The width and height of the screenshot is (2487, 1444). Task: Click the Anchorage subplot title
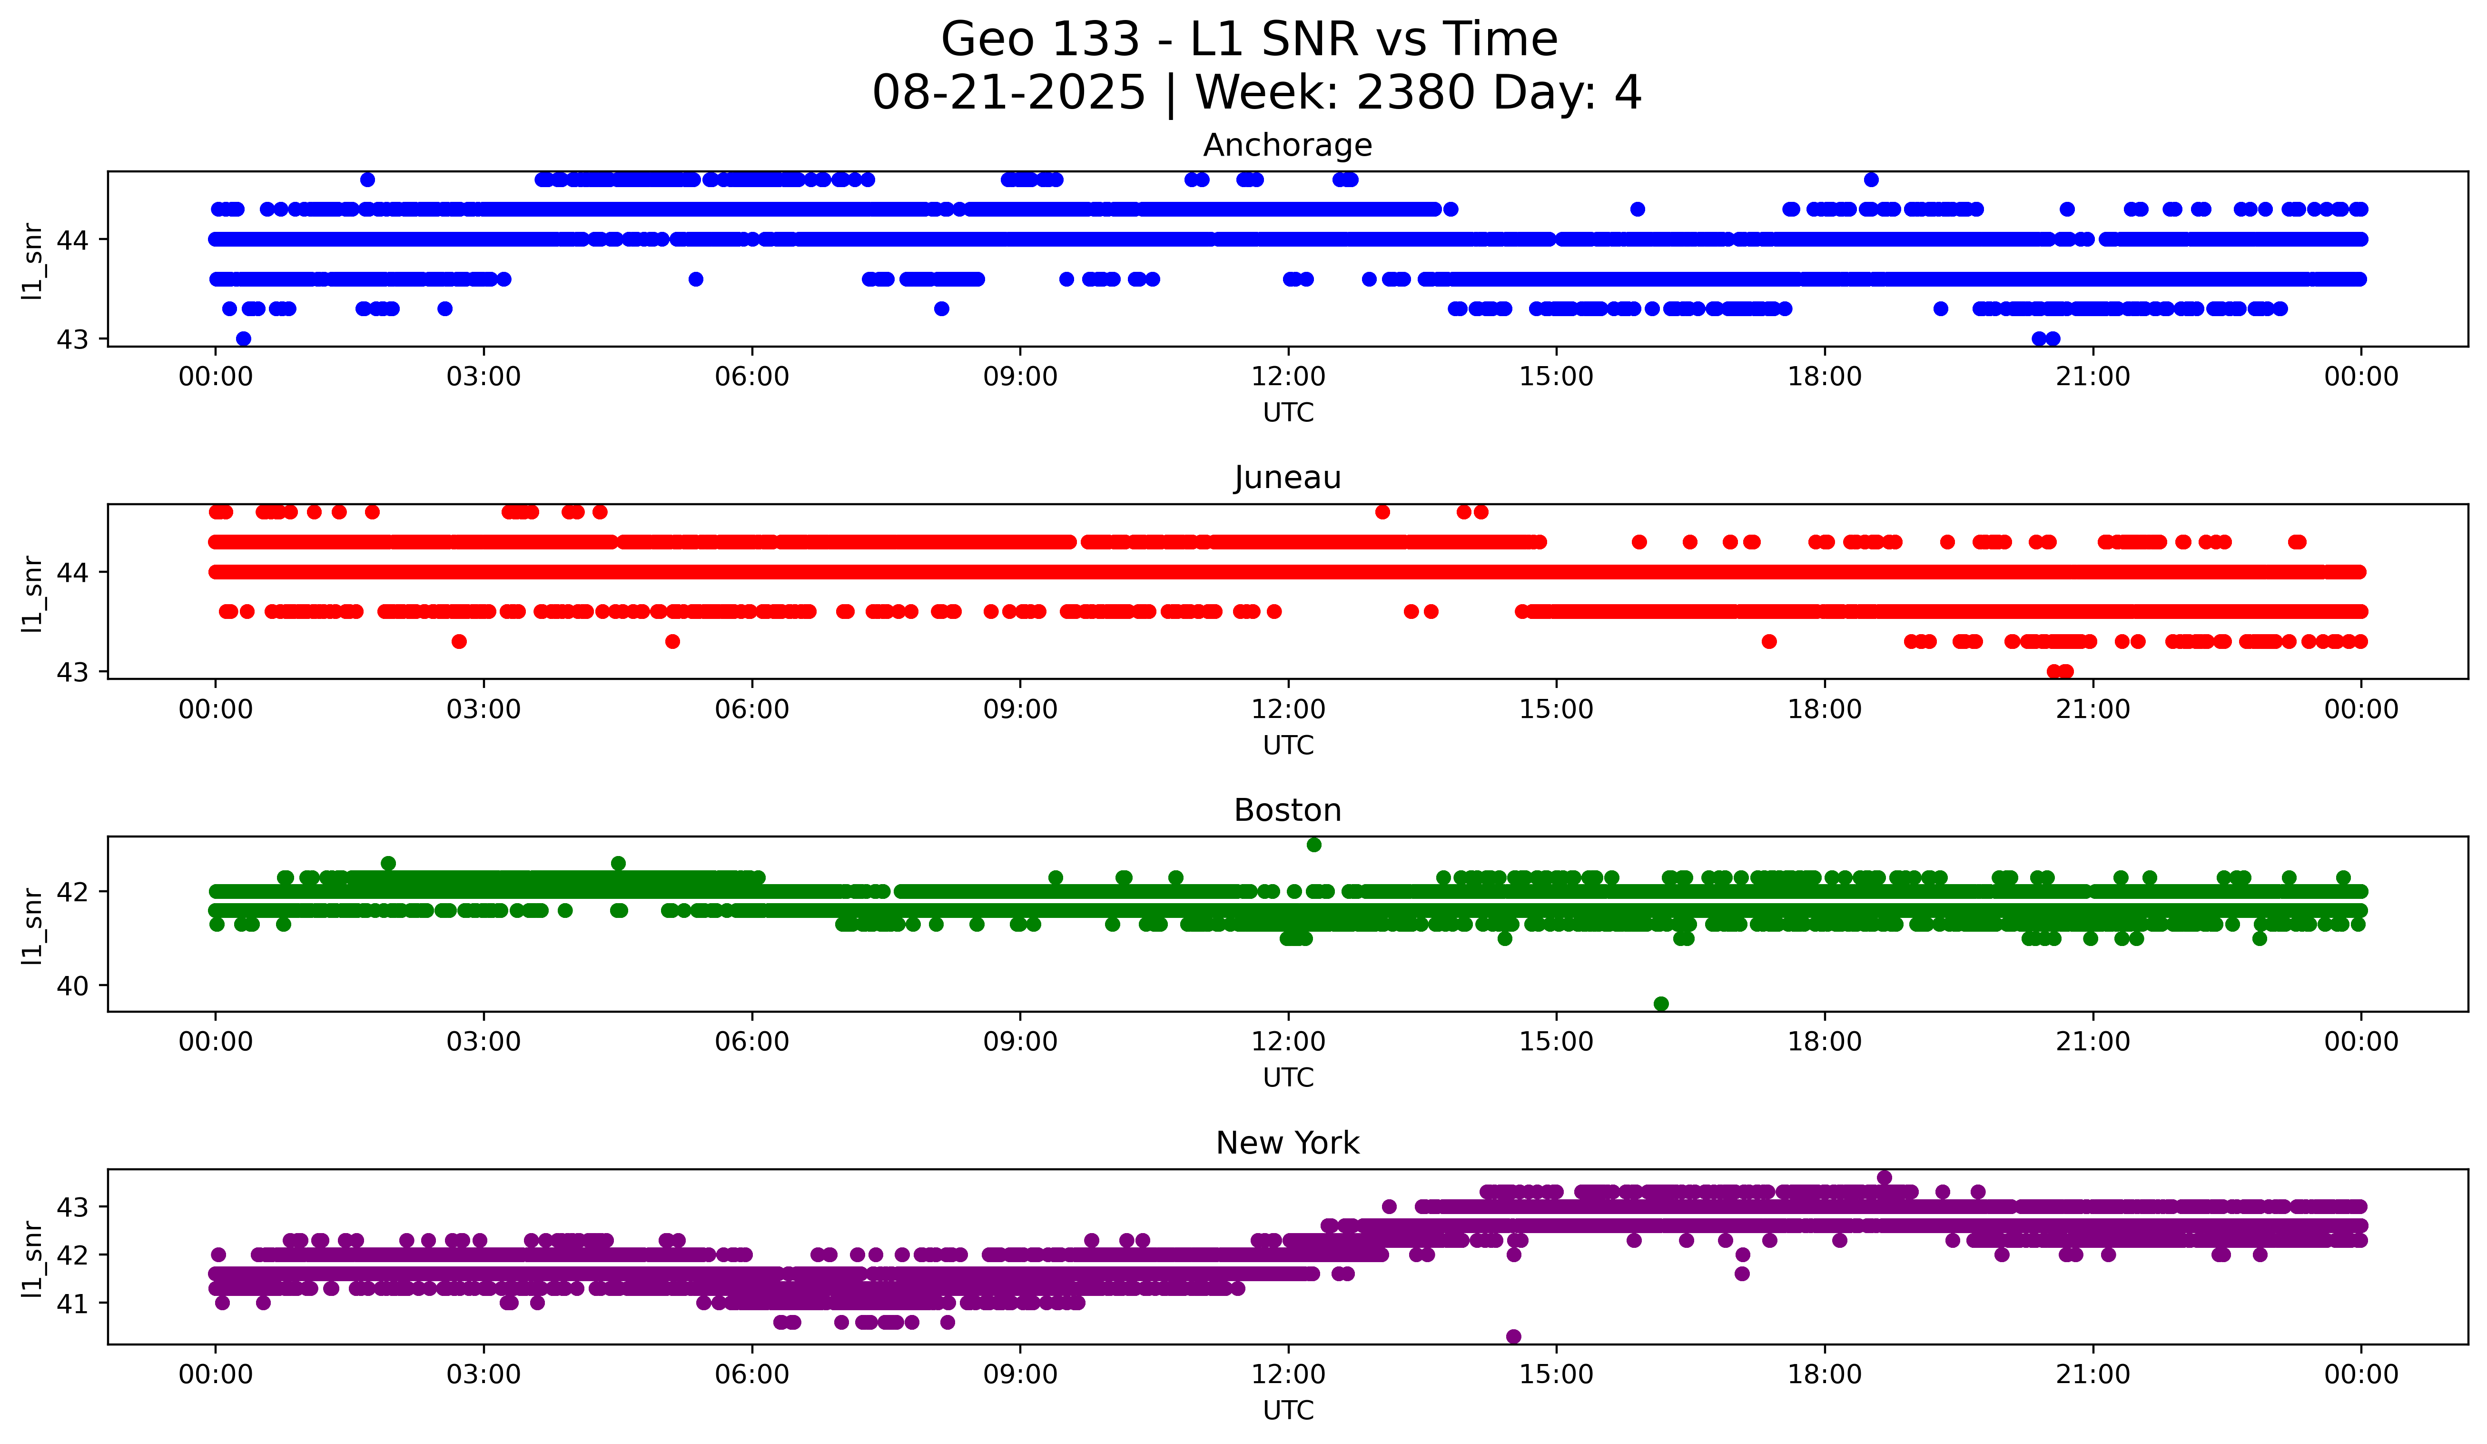coord(1287,145)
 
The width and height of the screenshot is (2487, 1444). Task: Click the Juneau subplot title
coord(1287,478)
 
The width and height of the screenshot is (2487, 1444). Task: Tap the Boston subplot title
coord(1287,810)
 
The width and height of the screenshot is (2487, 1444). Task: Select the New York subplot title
coord(1287,1143)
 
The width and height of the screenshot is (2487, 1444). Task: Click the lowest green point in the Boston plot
coord(1661,1004)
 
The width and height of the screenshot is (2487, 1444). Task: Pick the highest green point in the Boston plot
coord(1313,845)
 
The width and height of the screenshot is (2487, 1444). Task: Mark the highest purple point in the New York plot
coord(1884,1177)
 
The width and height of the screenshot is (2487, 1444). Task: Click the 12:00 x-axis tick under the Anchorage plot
coord(1288,377)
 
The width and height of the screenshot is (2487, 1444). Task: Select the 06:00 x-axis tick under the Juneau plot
coord(752,710)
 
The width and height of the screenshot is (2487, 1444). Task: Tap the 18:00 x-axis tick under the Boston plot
coord(1824,1042)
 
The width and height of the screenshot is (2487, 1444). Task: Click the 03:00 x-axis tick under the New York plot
coord(484,1375)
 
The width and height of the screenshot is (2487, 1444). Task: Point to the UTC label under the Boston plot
coord(1288,1078)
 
